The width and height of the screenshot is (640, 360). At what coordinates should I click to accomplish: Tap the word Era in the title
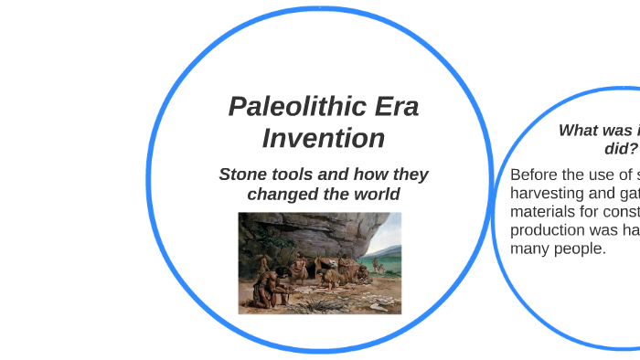[x=395, y=107]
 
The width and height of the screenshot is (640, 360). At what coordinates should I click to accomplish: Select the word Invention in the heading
[x=323, y=138]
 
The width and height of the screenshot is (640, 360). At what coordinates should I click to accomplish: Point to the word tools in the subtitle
[x=294, y=175]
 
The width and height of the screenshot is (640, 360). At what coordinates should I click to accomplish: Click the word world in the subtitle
[x=377, y=194]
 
